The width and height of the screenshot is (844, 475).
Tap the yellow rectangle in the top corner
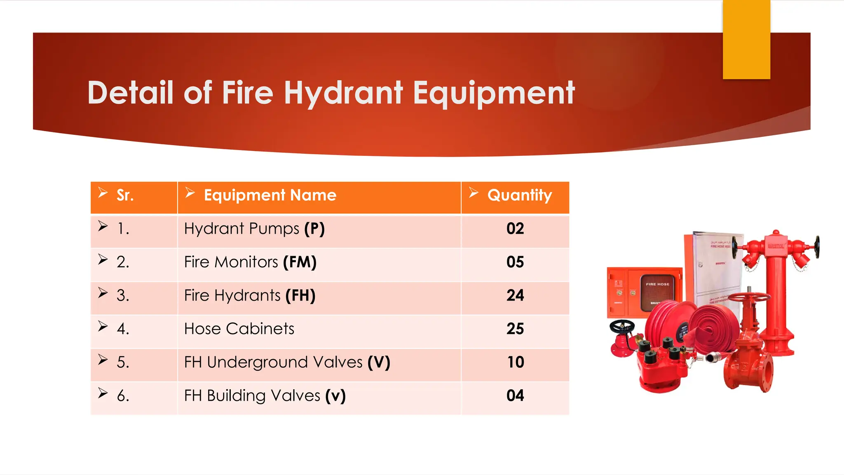click(x=746, y=40)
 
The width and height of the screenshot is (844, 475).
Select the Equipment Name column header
click(x=270, y=195)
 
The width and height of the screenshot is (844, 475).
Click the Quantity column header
click(x=519, y=195)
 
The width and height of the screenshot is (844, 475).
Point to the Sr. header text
click(x=125, y=195)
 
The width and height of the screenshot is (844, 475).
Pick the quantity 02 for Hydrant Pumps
click(x=515, y=229)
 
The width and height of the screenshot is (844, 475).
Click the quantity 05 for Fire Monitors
click(x=515, y=262)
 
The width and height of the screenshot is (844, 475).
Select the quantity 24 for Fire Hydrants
click(x=515, y=296)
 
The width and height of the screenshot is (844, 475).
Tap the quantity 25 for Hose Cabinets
click(x=515, y=329)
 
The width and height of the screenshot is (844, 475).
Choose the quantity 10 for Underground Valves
click(x=515, y=362)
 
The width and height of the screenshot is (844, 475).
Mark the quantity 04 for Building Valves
click(x=515, y=396)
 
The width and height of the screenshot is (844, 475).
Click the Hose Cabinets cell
click(x=239, y=329)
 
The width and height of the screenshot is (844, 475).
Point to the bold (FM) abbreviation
click(x=300, y=262)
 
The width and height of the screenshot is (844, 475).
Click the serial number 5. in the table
click(x=123, y=362)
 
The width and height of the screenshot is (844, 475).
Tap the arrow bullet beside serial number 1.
click(x=103, y=226)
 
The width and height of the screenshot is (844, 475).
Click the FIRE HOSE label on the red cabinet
click(x=657, y=284)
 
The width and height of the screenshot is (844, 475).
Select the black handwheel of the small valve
click(x=622, y=327)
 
